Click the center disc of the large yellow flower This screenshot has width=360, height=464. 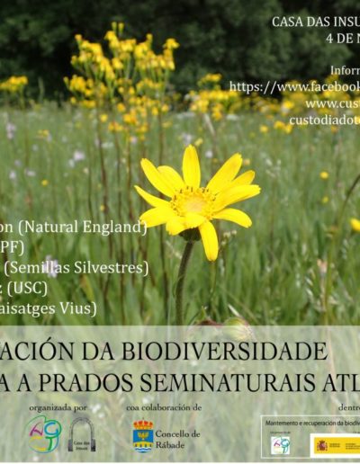pyautogui.click(x=193, y=201)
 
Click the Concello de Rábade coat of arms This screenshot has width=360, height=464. pyautogui.click(x=142, y=435)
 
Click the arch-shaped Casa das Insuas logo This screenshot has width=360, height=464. pyautogui.click(x=82, y=434)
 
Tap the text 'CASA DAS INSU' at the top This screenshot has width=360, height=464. pyautogui.click(x=314, y=21)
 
